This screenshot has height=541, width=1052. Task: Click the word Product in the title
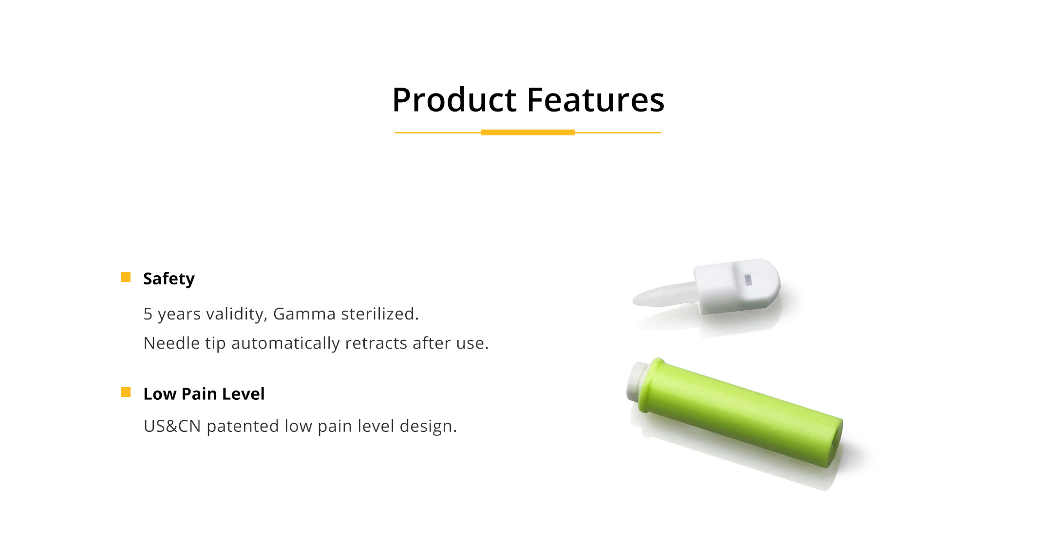pos(454,100)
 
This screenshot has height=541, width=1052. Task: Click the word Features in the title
pos(596,100)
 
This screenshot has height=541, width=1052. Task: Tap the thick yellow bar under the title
pos(528,132)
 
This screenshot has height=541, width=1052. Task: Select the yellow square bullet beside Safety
pos(126,277)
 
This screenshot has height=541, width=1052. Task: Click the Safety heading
pos(169,279)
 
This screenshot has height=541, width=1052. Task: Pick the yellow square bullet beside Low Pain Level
pos(126,392)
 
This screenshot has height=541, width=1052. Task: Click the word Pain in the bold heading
pos(199,393)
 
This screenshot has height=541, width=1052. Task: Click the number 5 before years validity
pos(148,314)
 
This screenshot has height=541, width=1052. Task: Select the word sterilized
pos(380,314)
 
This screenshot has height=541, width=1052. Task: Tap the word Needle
pos(171,343)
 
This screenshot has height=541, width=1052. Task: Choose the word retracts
pos(376,343)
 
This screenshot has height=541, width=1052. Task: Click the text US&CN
pos(172,426)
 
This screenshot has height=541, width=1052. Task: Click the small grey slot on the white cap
pos(749,280)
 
